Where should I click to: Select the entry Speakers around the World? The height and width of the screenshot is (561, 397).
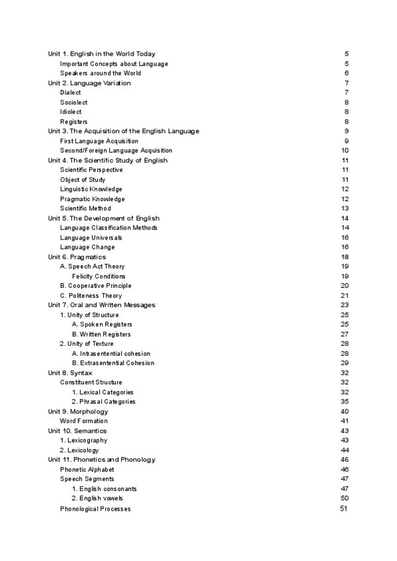100,73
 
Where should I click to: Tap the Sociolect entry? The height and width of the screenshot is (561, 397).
73,103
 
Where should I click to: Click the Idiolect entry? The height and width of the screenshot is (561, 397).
71,112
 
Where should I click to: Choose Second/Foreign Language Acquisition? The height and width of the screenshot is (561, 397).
116,151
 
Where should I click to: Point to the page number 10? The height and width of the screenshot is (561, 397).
345,151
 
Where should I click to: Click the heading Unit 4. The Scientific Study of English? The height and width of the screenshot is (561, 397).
108,160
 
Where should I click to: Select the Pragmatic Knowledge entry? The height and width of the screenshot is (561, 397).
92,199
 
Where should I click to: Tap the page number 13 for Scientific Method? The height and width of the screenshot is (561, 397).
345,208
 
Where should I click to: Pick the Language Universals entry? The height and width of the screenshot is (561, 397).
91,237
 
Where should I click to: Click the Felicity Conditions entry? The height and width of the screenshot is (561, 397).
99,276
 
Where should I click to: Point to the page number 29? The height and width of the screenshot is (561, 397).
345,363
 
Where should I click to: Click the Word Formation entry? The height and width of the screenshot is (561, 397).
83,421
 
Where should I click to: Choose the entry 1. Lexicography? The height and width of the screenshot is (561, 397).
83,440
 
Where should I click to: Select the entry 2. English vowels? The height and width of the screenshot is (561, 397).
97,498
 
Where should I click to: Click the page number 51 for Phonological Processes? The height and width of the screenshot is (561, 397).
343,509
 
